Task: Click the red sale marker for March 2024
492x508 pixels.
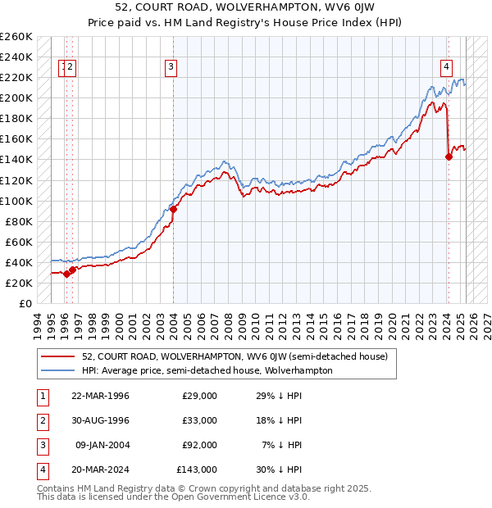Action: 449,156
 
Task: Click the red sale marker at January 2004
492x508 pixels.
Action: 174,209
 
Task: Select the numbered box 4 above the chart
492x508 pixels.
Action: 446,68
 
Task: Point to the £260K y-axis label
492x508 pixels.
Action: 16,37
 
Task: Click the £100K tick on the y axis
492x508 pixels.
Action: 16,201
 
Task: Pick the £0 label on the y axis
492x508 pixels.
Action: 25,304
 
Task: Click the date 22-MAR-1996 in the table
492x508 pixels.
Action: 101,396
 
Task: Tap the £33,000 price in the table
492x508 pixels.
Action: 200,420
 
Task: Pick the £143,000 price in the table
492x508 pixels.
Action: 197,469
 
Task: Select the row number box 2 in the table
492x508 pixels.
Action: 41,420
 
